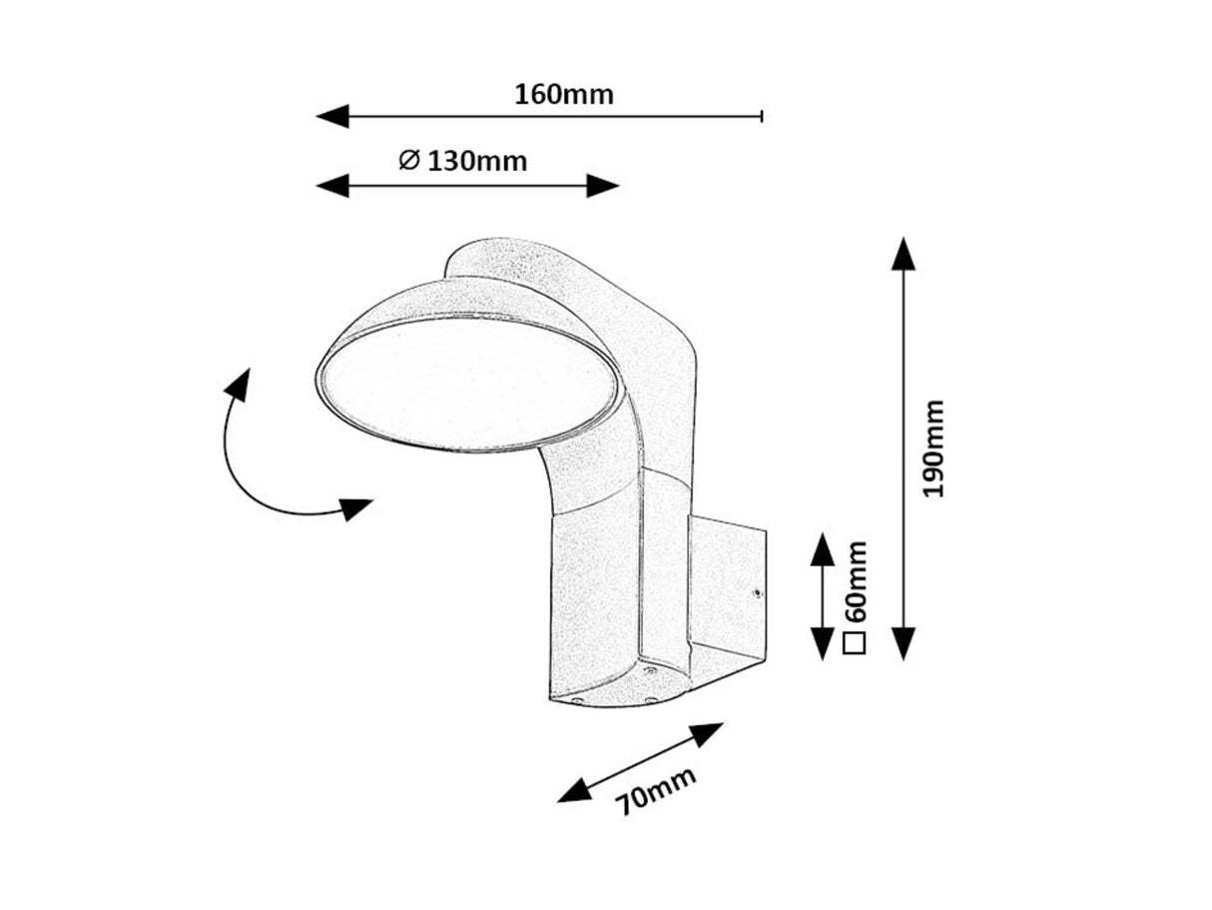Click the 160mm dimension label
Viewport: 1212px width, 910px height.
564,95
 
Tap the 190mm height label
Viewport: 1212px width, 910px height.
933,450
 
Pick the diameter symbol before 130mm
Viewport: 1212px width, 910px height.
408,160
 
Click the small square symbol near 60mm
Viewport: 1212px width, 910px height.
854,643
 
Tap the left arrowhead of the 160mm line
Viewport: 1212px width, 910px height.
332,116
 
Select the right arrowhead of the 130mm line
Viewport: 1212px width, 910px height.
603,185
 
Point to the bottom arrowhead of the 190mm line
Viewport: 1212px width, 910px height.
904,644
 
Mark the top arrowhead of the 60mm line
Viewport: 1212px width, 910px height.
821,548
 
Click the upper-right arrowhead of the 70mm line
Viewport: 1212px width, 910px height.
707,734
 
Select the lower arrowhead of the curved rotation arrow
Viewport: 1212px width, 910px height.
355,508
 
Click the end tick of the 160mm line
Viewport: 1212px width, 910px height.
762,116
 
